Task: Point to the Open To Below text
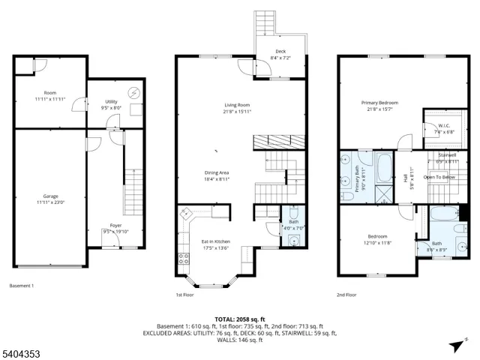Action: click(439, 177)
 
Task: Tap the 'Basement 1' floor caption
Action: click(22, 286)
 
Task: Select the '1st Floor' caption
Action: click(185, 295)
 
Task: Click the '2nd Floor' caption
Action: click(346, 295)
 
